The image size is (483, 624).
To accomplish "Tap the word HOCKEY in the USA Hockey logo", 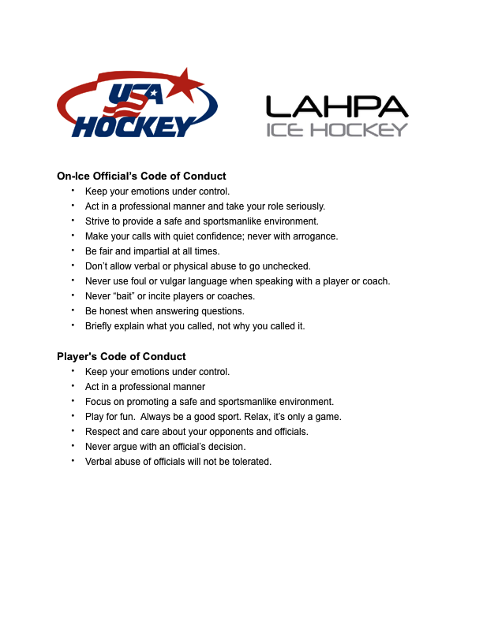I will [133, 125].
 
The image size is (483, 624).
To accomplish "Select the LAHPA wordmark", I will [337, 106].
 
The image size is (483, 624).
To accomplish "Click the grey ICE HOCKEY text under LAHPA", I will [337, 129].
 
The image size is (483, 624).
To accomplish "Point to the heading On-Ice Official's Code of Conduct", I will [141, 176].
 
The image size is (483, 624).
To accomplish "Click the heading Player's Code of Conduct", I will [122, 356].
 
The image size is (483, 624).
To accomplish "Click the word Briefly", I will [99, 326].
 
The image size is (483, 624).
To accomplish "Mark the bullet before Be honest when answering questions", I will [73, 310].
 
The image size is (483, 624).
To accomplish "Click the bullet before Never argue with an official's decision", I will [73, 446].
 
